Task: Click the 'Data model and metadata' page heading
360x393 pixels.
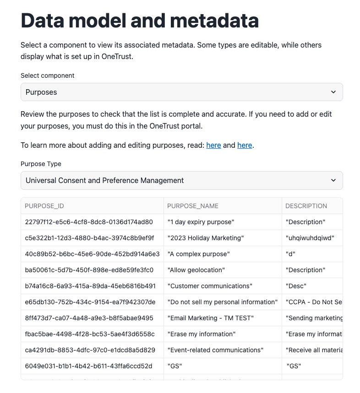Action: pos(140,21)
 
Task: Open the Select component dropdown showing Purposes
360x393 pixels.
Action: pos(181,92)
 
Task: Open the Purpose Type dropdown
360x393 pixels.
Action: pos(181,180)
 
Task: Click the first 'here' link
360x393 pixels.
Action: pos(213,145)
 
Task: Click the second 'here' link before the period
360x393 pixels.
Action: pos(245,145)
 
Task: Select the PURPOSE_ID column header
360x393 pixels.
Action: pos(44,206)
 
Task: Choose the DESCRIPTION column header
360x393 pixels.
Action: pos(306,206)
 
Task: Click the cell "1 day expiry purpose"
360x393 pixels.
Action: pos(201,222)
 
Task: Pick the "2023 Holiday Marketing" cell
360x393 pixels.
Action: pos(206,238)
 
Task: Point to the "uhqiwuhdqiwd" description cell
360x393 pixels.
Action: pos(310,238)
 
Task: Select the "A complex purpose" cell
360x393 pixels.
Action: pos(198,254)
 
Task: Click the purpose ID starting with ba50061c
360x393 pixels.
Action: pos(89,270)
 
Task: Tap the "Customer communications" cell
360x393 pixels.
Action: pos(210,286)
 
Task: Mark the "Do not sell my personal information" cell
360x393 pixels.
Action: pos(223,302)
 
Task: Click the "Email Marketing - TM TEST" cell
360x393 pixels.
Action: pos(210,318)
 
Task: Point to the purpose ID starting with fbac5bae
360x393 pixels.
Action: pos(90,334)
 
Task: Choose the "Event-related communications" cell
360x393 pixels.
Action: pos(215,350)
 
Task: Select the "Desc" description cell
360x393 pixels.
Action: pos(296,286)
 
